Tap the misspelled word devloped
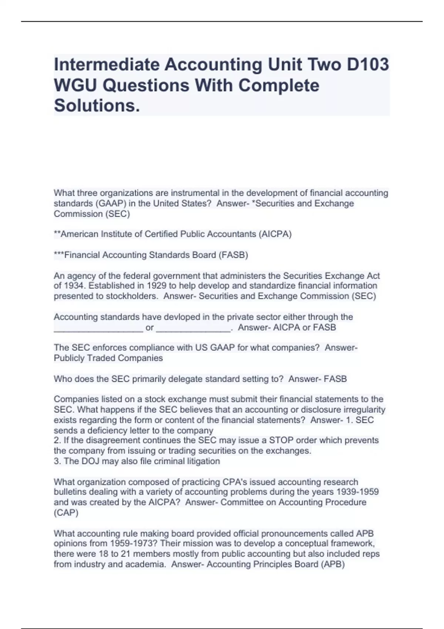coord(181,317)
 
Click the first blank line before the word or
coord(98,328)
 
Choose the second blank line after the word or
coord(193,328)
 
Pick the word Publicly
coord(69,358)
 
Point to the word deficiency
coord(102,431)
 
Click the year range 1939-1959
coord(357,492)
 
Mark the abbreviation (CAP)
coord(66,513)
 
